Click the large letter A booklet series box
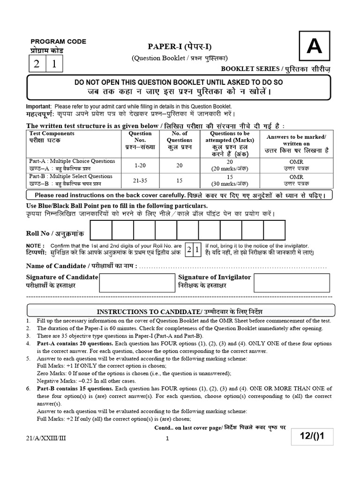tap(314, 47)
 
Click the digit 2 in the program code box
tap(36, 64)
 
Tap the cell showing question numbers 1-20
tap(140, 165)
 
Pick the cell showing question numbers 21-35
tap(140, 180)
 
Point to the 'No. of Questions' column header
tap(179, 136)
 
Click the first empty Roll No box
tap(100, 230)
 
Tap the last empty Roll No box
tap(274, 230)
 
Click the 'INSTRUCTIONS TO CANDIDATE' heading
tap(180, 312)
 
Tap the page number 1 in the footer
tap(167, 439)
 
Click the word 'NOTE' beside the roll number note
tap(35, 246)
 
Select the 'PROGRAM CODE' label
tap(58, 41)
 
